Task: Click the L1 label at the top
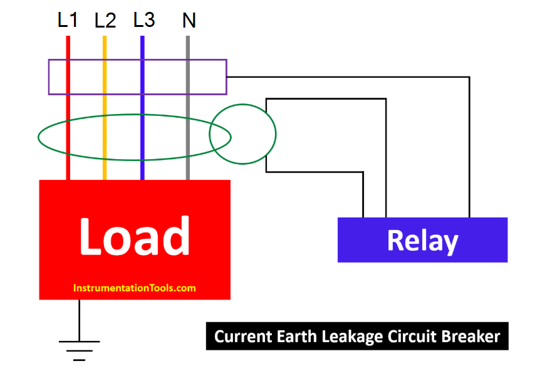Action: tap(68, 20)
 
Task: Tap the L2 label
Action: tap(105, 21)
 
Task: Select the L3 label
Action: tap(143, 20)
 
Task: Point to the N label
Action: tap(189, 21)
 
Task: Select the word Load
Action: tap(135, 236)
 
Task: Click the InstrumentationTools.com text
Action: tap(135, 288)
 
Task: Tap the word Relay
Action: tap(422, 241)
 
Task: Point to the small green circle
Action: tap(242, 133)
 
